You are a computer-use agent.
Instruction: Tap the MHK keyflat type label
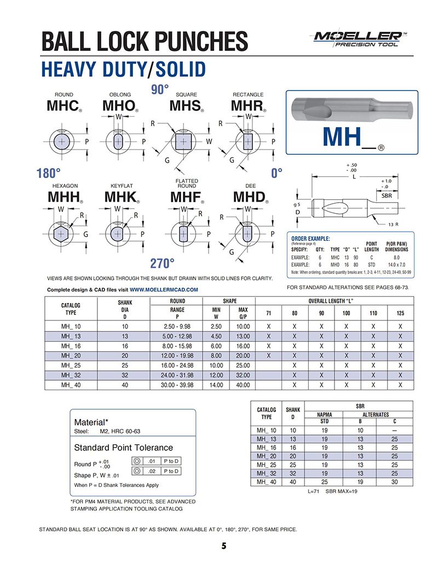[x=120, y=197]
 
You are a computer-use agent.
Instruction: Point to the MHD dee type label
[x=249, y=197]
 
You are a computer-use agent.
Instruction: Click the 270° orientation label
[x=162, y=263]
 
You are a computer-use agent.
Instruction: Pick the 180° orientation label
[x=49, y=174]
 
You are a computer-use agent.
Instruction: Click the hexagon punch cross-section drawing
[x=63, y=232]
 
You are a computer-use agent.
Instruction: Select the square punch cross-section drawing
[x=183, y=142]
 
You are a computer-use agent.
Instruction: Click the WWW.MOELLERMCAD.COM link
[x=164, y=289]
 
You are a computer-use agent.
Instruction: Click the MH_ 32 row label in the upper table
[x=70, y=375]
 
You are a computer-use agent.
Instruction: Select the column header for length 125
[x=400, y=313]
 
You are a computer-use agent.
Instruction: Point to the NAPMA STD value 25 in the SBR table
[x=325, y=482]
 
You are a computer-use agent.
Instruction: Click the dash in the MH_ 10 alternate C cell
[x=394, y=430]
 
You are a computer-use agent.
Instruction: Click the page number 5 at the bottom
[x=224, y=546]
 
